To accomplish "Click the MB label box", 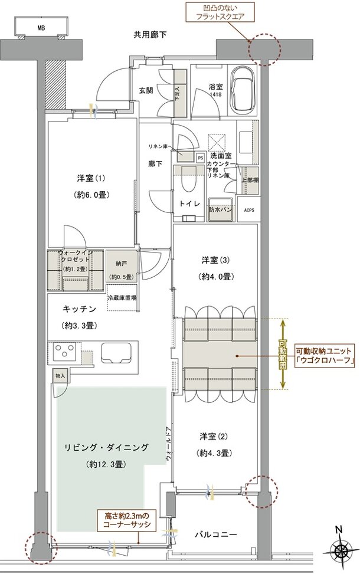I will coord(41,28).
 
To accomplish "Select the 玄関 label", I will coord(147,90).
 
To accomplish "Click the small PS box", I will coord(200,158).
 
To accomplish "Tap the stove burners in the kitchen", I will coord(63,353).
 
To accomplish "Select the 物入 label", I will coord(61,375).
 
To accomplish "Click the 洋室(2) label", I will coord(214,437).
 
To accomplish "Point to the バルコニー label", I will coord(216,534).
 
